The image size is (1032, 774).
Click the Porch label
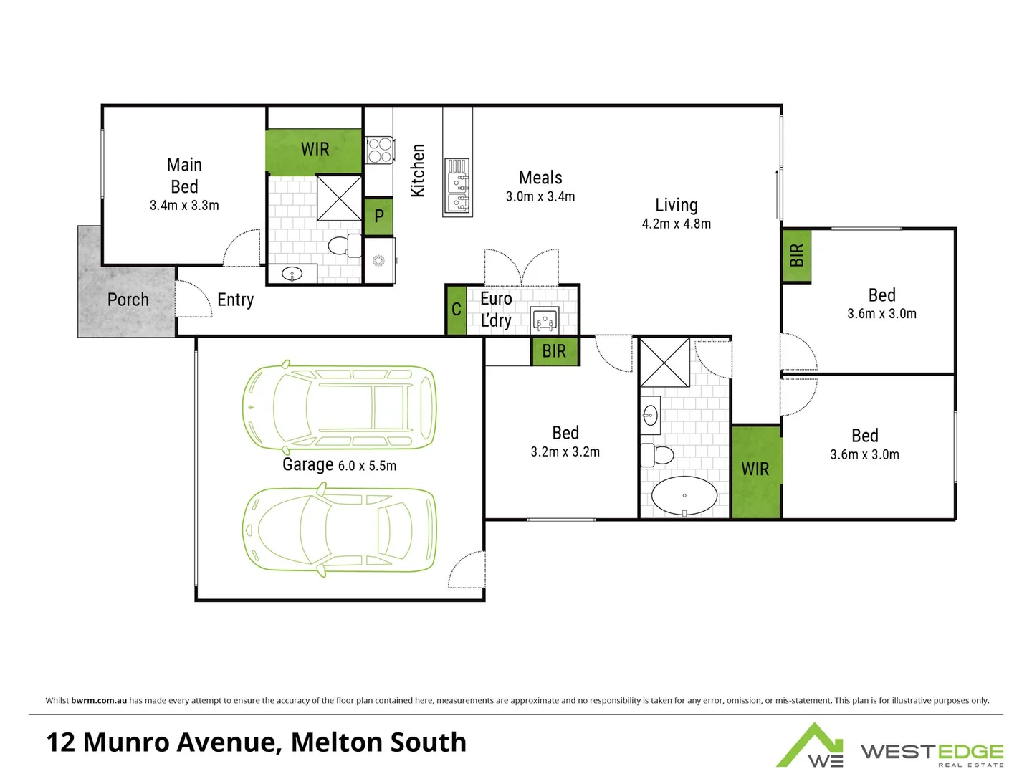[x=128, y=300]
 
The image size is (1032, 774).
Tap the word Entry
[x=235, y=300]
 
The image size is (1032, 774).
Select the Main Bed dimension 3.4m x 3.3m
[x=184, y=206]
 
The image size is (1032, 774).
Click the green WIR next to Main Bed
[x=315, y=149]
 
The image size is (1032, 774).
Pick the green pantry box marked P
[x=379, y=216]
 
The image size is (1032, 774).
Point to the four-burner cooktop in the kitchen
[x=380, y=150]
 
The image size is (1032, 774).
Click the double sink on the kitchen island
[x=457, y=186]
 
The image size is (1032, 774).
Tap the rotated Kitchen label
[x=418, y=171]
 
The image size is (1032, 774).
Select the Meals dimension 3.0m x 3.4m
[x=540, y=197]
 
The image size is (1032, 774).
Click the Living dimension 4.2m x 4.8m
[x=676, y=224]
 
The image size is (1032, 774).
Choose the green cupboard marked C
[x=456, y=310]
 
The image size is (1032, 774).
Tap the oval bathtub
[x=684, y=495]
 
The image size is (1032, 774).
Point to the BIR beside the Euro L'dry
[x=554, y=351]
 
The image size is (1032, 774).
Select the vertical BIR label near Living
[x=796, y=255]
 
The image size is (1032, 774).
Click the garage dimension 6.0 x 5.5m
[x=367, y=466]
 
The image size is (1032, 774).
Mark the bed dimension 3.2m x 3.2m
[x=565, y=452]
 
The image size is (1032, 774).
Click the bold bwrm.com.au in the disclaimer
[x=99, y=700]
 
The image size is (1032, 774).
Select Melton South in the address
[x=378, y=742]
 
